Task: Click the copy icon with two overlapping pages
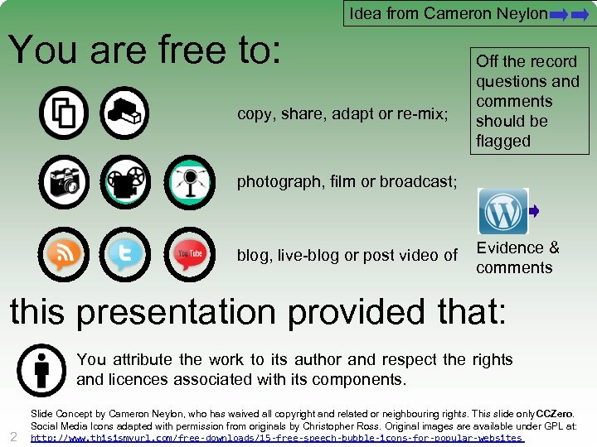[63, 113]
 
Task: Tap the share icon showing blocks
[125, 113]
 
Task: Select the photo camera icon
[63, 181]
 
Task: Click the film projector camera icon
[125, 181]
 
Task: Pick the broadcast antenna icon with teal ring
[189, 181]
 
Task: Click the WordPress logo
[502, 212]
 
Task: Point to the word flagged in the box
[502, 141]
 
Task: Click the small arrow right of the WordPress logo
[534, 212]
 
